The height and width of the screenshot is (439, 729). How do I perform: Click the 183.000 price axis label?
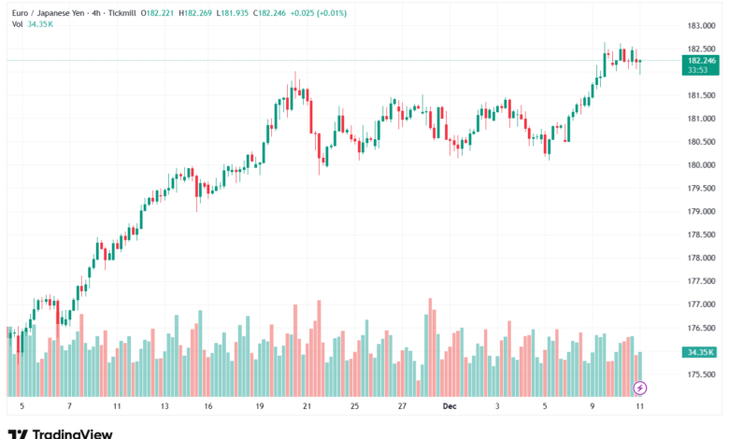click(x=701, y=25)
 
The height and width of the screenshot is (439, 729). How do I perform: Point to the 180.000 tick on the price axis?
click(x=701, y=164)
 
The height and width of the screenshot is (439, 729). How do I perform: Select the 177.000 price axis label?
click(x=701, y=304)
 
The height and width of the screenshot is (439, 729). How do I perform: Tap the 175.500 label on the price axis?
click(x=701, y=375)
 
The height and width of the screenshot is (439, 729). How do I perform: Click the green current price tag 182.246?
click(x=701, y=60)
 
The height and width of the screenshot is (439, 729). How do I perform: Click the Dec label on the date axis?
click(x=449, y=407)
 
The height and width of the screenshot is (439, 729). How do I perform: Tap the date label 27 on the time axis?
click(x=401, y=407)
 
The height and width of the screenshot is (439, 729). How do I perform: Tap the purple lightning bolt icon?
click(x=640, y=387)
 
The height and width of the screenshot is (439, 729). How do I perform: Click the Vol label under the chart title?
click(x=18, y=23)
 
